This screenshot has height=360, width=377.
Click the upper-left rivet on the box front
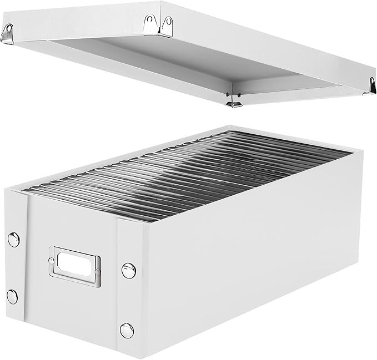(13, 240)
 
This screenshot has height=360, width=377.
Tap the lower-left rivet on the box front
(12, 296)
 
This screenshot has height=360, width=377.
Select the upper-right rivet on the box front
(128, 271)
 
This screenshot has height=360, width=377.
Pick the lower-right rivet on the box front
(127, 331)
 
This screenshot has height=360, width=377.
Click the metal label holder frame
(74, 267)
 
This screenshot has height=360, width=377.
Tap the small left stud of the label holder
(52, 260)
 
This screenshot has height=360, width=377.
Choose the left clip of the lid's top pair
(149, 23)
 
